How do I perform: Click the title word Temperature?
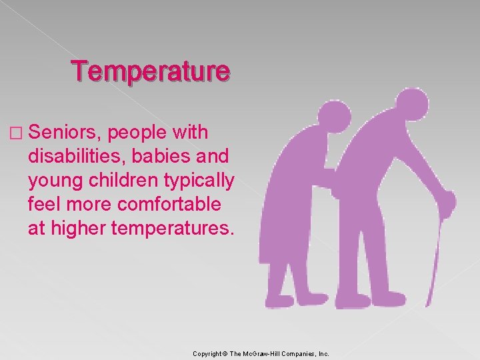tap(151, 71)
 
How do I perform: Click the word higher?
tap(79, 229)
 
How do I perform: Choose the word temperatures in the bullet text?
tap(175, 229)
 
